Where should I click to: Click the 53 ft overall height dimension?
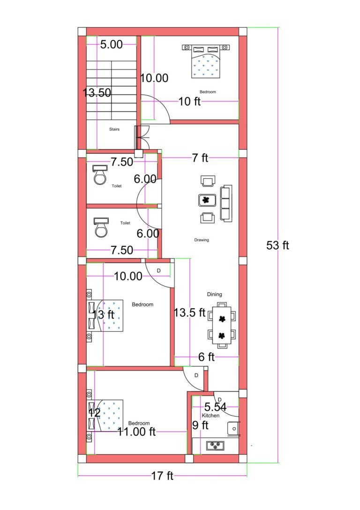tap(277, 245)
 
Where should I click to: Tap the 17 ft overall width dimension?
tap(162, 476)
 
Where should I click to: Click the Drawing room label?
tap(202, 240)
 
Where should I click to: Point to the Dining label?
tap(215, 294)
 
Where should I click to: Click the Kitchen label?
tap(210, 416)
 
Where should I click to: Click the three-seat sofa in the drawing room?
tap(226, 203)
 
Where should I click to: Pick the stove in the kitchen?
tap(215, 445)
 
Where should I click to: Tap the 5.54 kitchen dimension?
tap(216, 407)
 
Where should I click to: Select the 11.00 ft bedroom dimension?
tap(136, 432)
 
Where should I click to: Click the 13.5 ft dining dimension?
tap(189, 312)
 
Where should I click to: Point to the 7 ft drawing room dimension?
tap(200, 158)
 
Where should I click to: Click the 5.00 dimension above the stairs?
tap(112, 45)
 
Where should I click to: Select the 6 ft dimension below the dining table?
tap(206, 357)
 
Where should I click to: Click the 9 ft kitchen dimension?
tap(200, 426)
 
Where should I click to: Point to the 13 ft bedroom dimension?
tap(104, 314)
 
